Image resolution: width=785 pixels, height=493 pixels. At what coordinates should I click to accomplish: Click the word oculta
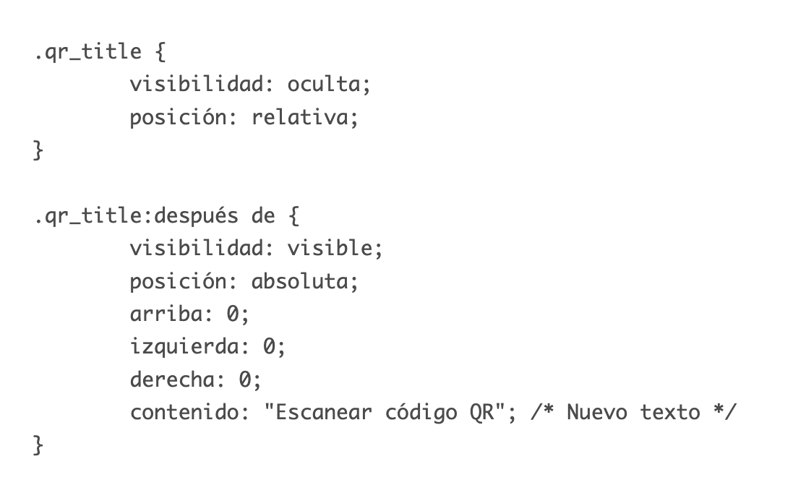coord(323,84)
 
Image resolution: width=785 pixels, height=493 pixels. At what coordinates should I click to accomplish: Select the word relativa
coord(299,117)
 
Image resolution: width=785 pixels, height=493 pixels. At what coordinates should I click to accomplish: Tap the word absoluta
coord(299,280)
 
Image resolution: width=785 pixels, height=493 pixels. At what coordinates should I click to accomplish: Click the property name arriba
coord(166,314)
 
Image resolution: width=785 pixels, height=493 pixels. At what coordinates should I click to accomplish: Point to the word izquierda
coord(184,346)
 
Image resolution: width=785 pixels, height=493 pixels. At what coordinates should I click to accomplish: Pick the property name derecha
coord(172,380)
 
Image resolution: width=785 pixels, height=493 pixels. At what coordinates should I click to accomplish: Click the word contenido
coord(184,413)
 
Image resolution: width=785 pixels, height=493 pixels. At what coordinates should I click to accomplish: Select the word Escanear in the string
coord(323,413)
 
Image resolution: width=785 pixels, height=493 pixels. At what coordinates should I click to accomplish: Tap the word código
coord(421,413)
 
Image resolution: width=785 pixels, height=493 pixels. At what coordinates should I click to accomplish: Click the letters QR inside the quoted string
coord(481,413)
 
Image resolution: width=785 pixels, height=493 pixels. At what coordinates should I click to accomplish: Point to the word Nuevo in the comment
coord(597,413)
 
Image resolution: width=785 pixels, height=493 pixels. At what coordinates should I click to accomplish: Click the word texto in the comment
coord(670,413)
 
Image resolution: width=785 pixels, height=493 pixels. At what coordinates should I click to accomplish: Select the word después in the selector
coord(197,215)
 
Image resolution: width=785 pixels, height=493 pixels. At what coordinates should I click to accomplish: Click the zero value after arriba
coord(233,314)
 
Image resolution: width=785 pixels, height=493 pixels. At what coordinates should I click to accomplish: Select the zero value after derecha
coord(245,380)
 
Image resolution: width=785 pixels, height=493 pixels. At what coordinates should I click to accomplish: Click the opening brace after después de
coord(294,215)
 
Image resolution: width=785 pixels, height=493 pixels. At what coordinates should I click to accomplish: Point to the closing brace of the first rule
coord(38,150)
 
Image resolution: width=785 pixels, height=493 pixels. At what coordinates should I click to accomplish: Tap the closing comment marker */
coord(725,413)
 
